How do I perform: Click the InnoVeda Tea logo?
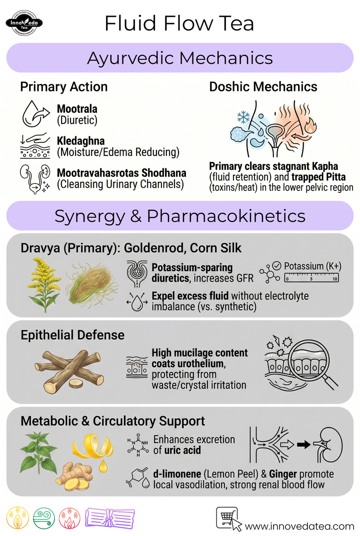[24, 23]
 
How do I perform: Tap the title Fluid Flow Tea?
[179, 23]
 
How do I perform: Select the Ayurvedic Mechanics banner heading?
[180, 58]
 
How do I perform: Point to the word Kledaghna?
[81, 140]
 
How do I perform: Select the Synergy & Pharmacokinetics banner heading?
[180, 216]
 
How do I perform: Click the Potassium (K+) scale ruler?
[311, 278]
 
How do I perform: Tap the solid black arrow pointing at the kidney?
[303, 445]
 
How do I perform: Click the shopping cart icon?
[227, 519]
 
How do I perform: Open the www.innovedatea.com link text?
[299, 527]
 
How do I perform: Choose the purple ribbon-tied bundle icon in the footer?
[110, 519]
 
